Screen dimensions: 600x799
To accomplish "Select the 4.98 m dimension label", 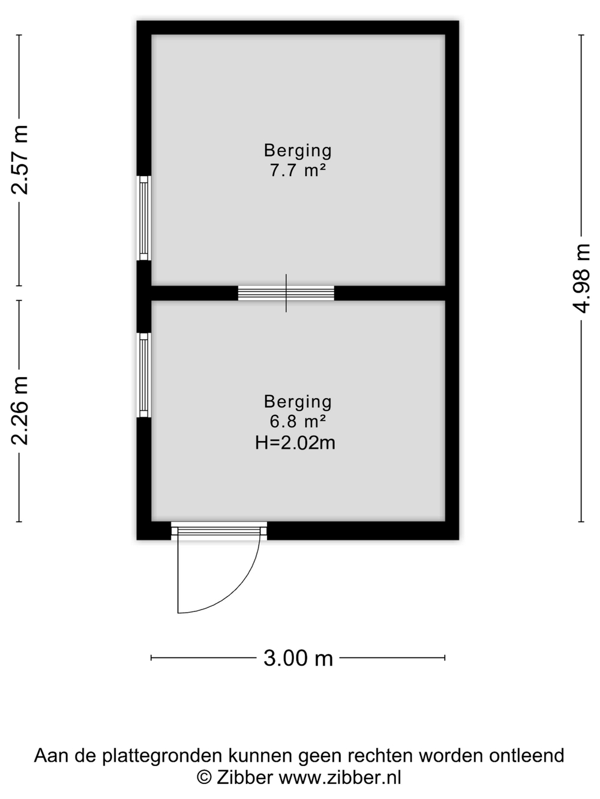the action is (x=581, y=279).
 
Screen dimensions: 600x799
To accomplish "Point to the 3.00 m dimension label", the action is (x=298, y=658).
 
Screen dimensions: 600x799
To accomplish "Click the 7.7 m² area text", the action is (x=298, y=170).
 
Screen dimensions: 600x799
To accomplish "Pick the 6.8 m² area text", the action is (x=298, y=421).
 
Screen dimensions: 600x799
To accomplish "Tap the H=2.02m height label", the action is (x=295, y=443).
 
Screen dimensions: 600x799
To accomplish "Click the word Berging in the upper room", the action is (x=298, y=150).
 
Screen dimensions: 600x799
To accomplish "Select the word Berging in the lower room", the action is (x=298, y=402).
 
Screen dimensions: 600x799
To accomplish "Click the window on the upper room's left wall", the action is (x=144, y=218).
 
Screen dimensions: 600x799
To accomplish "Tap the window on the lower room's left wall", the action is (x=144, y=375).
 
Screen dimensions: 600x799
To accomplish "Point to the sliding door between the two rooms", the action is (x=286, y=293).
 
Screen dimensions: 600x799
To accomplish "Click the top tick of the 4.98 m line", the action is (x=581, y=35).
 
